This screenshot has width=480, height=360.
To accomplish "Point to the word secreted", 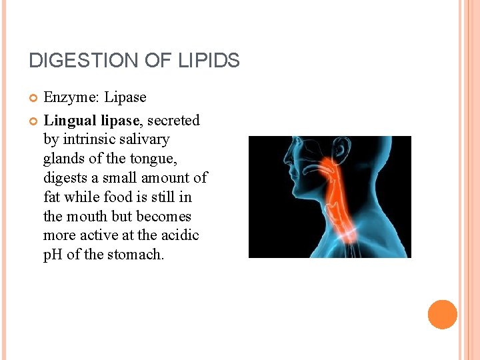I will (x=173, y=121).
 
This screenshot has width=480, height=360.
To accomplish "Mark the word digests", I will (x=65, y=179).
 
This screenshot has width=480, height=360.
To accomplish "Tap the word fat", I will (x=51, y=197).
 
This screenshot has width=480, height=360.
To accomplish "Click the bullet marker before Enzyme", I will (x=33, y=98).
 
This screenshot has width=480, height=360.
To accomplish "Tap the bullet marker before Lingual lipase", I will (x=33, y=121).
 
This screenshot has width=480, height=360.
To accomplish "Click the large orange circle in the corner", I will (x=442, y=315).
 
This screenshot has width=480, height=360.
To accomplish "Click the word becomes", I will (x=163, y=217).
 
